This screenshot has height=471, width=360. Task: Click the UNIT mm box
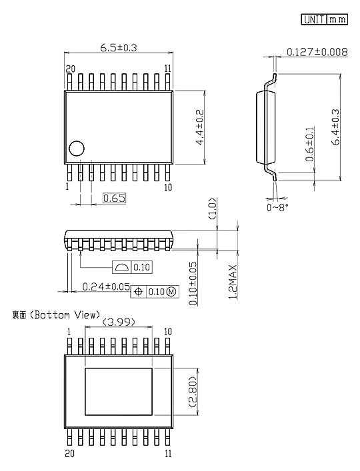click(x=324, y=19)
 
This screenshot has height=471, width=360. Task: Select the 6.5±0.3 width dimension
click(x=119, y=47)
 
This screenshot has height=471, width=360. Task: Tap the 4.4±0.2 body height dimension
click(x=199, y=127)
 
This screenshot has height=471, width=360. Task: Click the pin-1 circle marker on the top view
click(x=76, y=149)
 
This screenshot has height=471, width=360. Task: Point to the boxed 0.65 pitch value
click(x=114, y=199)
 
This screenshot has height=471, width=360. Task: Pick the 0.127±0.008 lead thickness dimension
click(x=317, y=52)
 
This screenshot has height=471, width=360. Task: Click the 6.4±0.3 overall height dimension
click(x=335, y=127)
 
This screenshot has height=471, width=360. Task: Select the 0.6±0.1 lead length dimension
click(x=310, y=144)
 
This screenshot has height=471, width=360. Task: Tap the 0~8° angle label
click(x=277, y=207)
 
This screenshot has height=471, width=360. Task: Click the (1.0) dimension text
click(x=212, y=209)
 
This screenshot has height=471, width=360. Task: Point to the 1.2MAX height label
click(x=233, y=282)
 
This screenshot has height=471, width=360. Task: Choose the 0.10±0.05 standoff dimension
click(x=193, y=284)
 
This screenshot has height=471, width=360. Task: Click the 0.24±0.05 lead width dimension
click(x=106, y=286)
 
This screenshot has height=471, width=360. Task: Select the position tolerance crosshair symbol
click(x=138, y=291)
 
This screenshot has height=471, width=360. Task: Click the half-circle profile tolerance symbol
click(x=122, y=267)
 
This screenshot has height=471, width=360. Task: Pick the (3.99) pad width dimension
click(x=119, y=322)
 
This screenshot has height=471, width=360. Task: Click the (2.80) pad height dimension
click(x=193, y=392)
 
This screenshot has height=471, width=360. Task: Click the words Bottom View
click(x=65, y=315)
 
